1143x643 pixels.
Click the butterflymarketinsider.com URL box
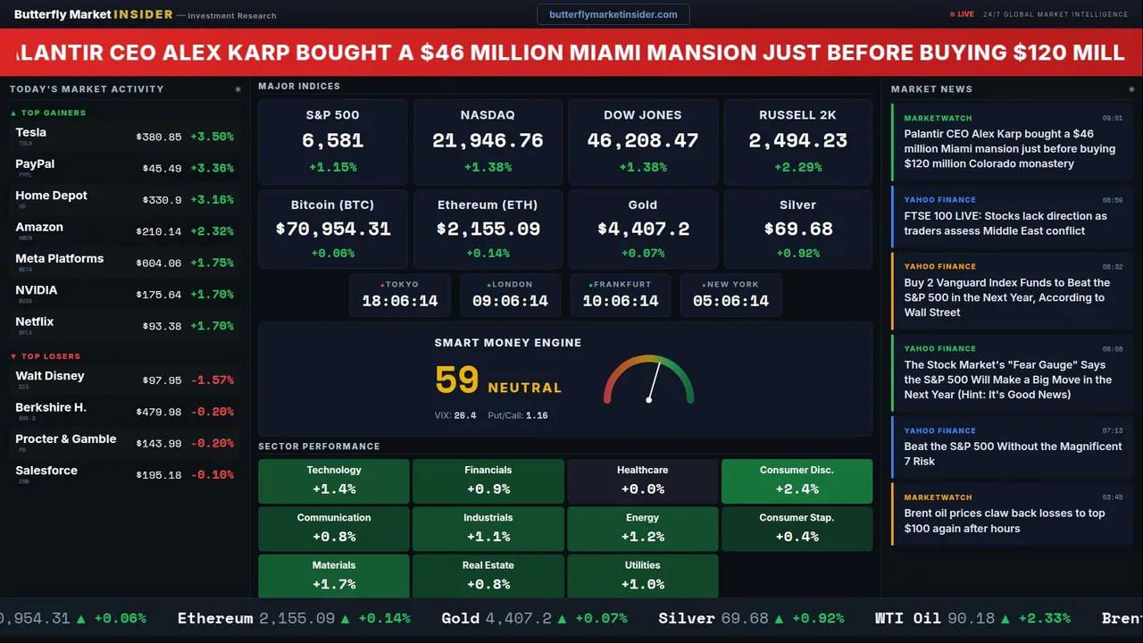coord(613,14)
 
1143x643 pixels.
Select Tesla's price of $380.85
coord(159,138)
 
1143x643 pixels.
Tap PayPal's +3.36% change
coord(212,169)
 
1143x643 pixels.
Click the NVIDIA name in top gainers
coord(37,290)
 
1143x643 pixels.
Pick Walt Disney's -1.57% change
coord(212,380)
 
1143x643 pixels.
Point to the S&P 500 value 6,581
coord(332,140)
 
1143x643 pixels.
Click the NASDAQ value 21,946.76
coord(488,140)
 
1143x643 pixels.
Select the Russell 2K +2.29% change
coord(797,167)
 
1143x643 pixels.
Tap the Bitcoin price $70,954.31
coord(332,230)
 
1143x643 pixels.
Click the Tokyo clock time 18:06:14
coord(400,301)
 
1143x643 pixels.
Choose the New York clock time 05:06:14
coord(730,301)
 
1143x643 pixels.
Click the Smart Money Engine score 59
coord(457,380)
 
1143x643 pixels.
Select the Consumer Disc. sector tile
coord(797,480)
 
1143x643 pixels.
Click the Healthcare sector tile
coord(642,480)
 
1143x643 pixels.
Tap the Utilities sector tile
coord(642,575)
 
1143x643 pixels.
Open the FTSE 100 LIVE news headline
coord(1005,223)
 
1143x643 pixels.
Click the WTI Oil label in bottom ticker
coord(907,618)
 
